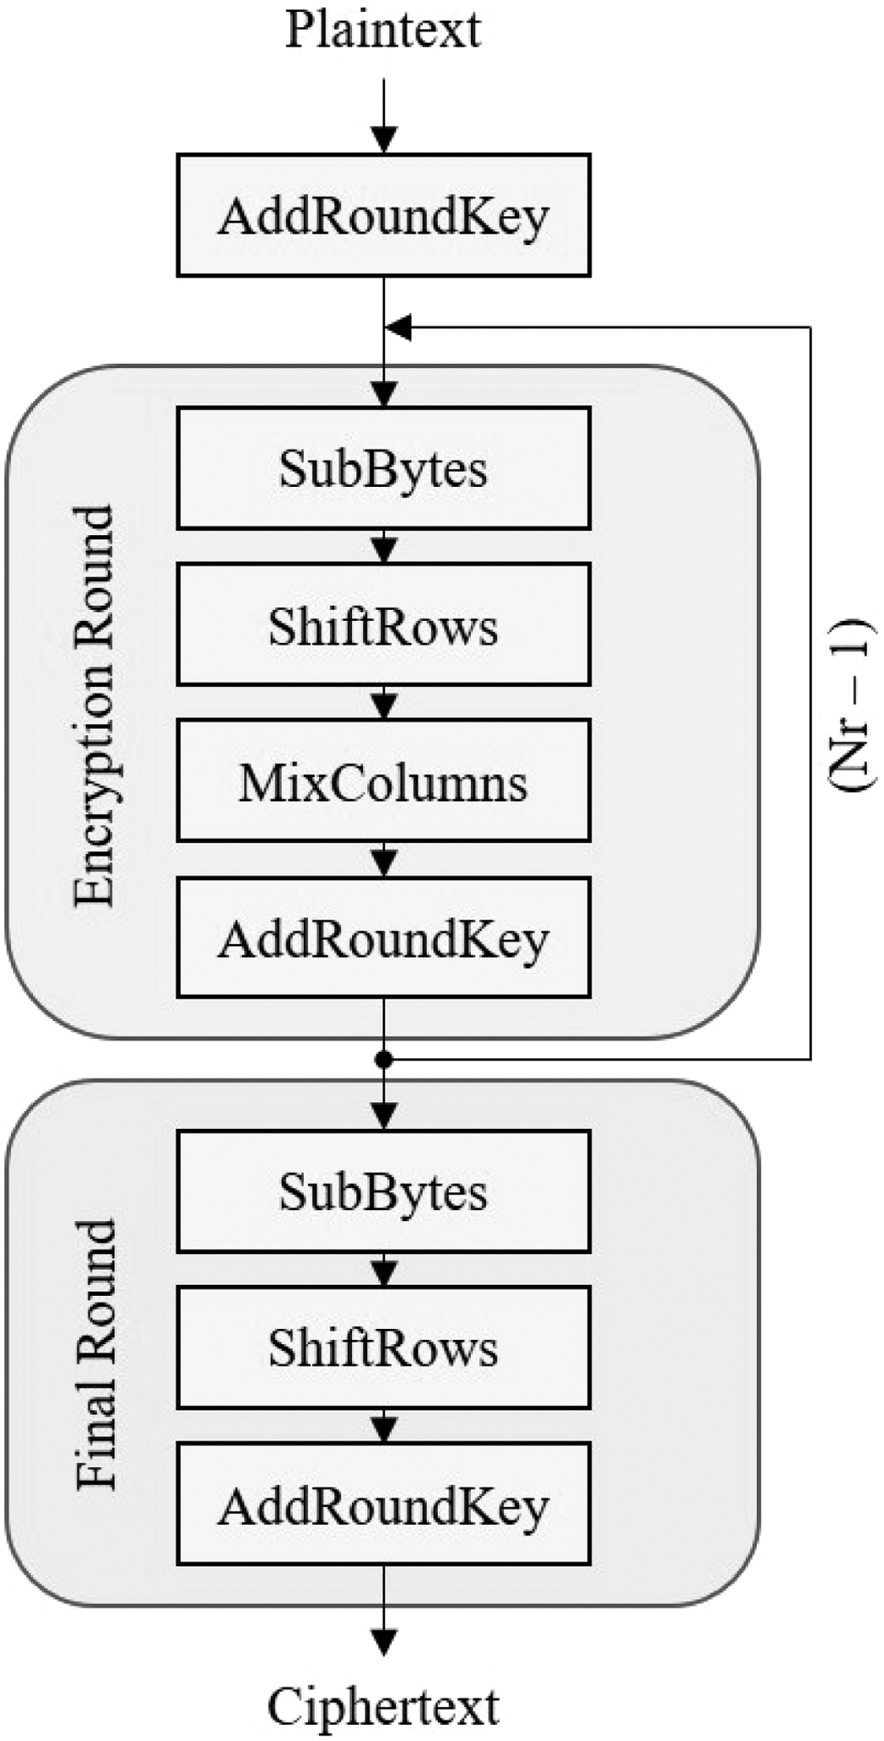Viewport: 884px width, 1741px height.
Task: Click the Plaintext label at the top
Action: [383, 32]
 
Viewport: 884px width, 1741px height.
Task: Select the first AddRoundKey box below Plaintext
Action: [383, 215]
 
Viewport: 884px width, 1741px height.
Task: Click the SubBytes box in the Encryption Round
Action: [383, 468]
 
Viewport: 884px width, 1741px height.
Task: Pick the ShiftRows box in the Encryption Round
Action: [383, 625]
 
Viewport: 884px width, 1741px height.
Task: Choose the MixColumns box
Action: [383, 782]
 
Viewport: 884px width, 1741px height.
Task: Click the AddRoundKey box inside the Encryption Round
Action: [383, 938]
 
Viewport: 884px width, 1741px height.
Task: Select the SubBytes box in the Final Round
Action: [383, 1191]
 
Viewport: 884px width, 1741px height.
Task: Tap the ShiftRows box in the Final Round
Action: [383, 1348]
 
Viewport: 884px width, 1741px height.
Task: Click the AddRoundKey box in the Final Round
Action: [383, 1505]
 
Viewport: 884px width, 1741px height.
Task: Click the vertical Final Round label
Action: [96, 1355]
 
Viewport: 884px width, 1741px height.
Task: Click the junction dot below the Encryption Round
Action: [384, 1060]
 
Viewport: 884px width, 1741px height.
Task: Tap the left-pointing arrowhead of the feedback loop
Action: [399, 327]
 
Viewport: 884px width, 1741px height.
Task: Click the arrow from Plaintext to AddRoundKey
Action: [384, 116]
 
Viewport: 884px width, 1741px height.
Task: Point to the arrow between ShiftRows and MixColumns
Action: [384, 703]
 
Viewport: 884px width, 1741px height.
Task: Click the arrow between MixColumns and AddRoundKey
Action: [384, 860]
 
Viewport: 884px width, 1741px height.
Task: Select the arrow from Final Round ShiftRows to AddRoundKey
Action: [384, 1426]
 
